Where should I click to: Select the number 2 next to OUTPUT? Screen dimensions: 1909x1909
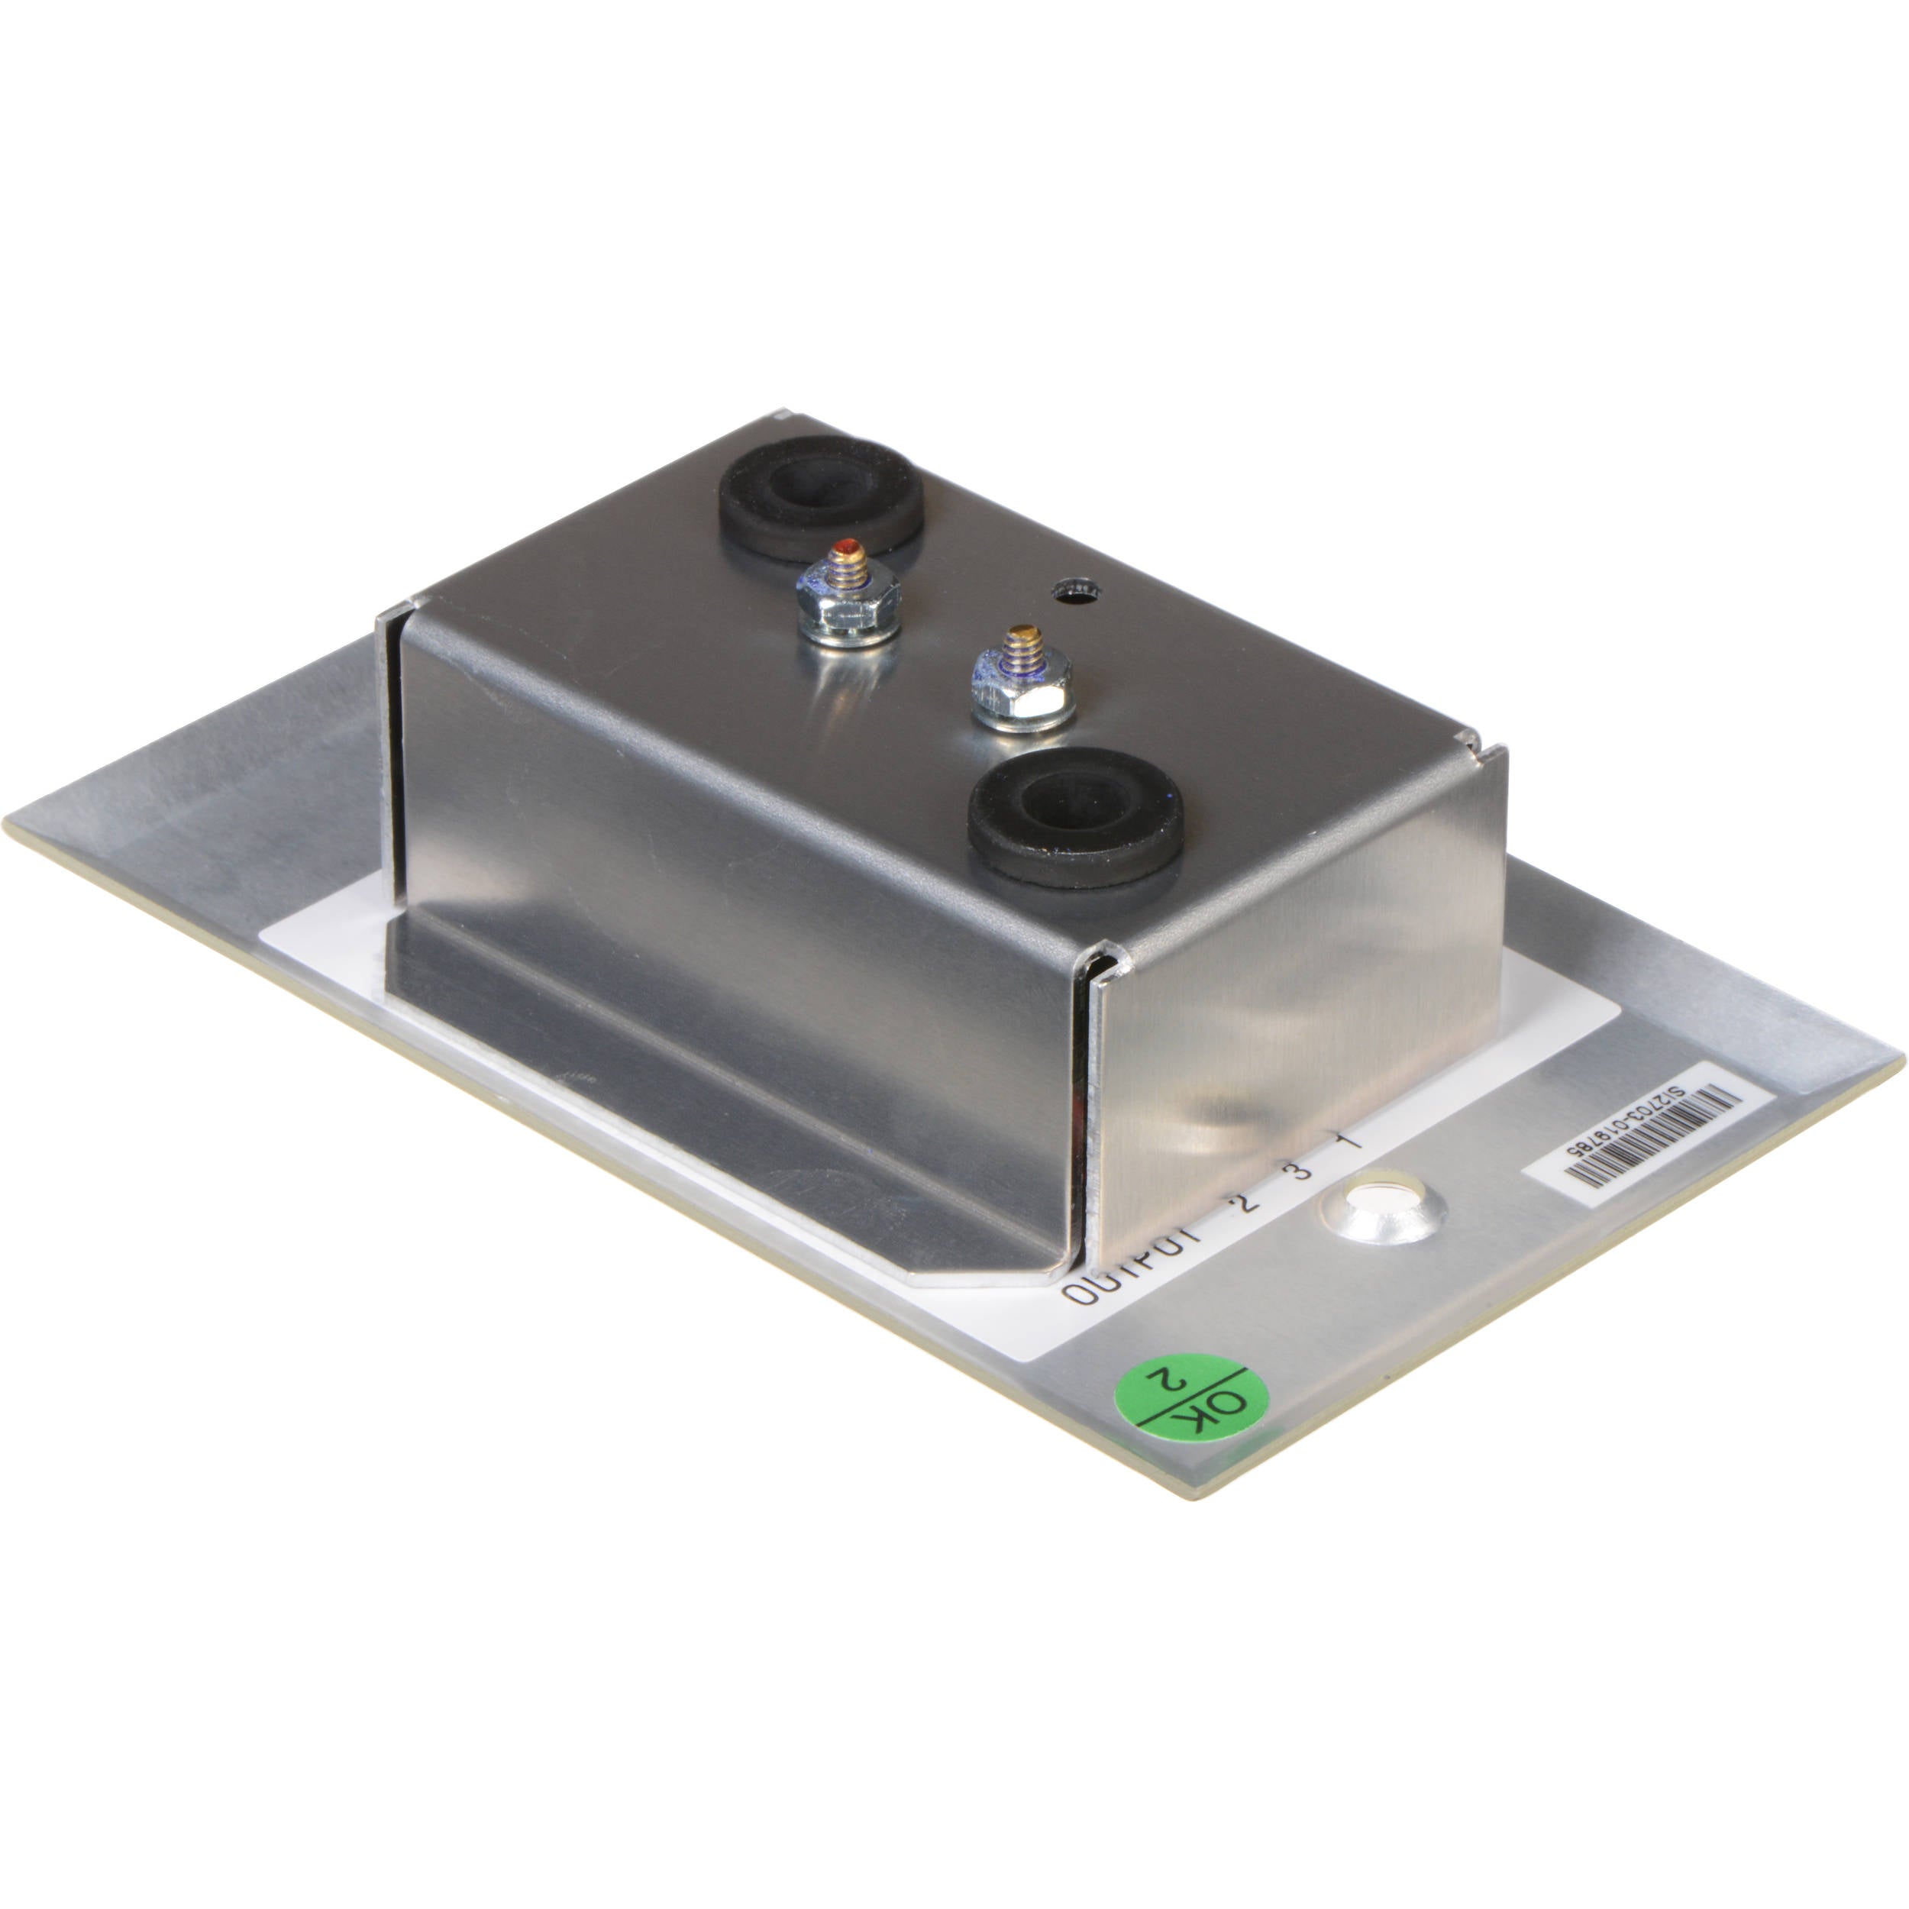click(x=1242, y=1204)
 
